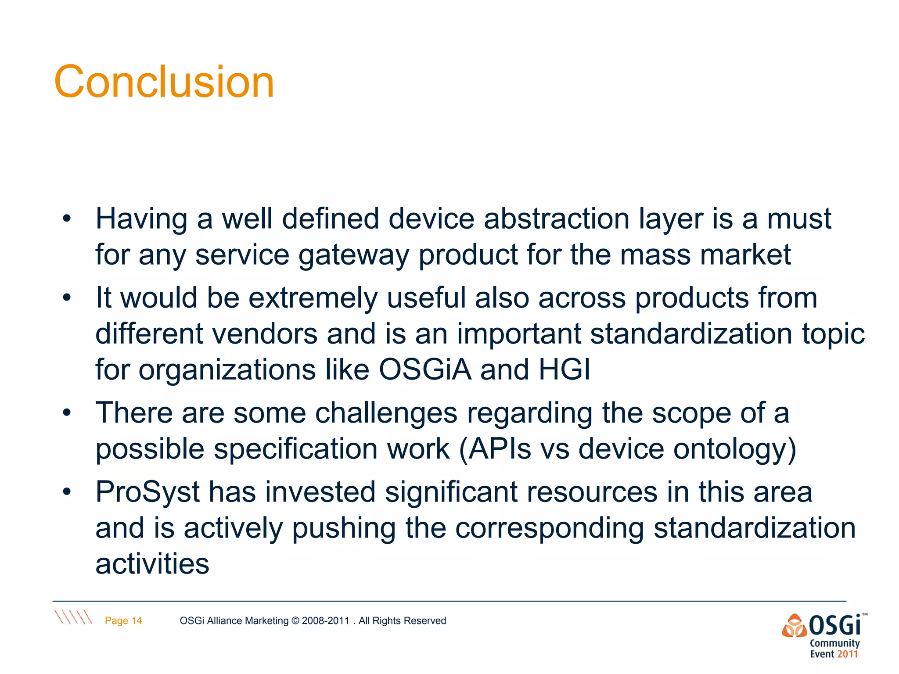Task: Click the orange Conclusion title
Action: click(164, 82)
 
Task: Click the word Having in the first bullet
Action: click(141, 219)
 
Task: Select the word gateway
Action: click(353, 255)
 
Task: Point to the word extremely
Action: click(313, 298)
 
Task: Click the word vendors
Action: click(265, 334)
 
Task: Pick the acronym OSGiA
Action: click(425, 369)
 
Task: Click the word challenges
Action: click(386, 414)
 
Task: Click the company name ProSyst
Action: click(147, 492)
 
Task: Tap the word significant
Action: click(451, 492)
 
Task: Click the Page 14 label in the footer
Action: click(123, 620)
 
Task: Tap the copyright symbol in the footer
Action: click(295, 621)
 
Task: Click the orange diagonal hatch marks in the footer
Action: click(73, 617)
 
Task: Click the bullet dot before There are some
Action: click(67, 413)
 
